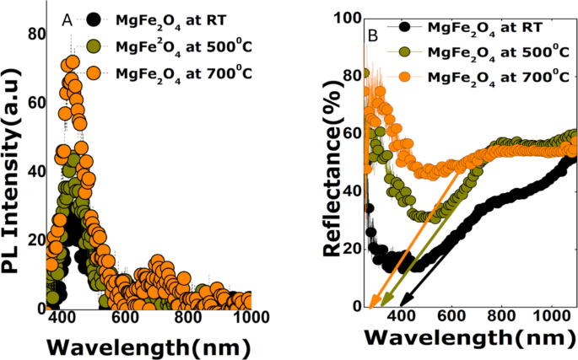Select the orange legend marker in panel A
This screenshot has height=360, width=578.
[97, 72]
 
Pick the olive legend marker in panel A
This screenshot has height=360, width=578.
[97, 46]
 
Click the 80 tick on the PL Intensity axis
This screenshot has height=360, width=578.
[35, 35]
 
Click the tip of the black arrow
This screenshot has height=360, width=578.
[400, 305]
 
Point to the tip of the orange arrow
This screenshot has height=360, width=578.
[370, 309]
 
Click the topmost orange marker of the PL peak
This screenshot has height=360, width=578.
[72, 63]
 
